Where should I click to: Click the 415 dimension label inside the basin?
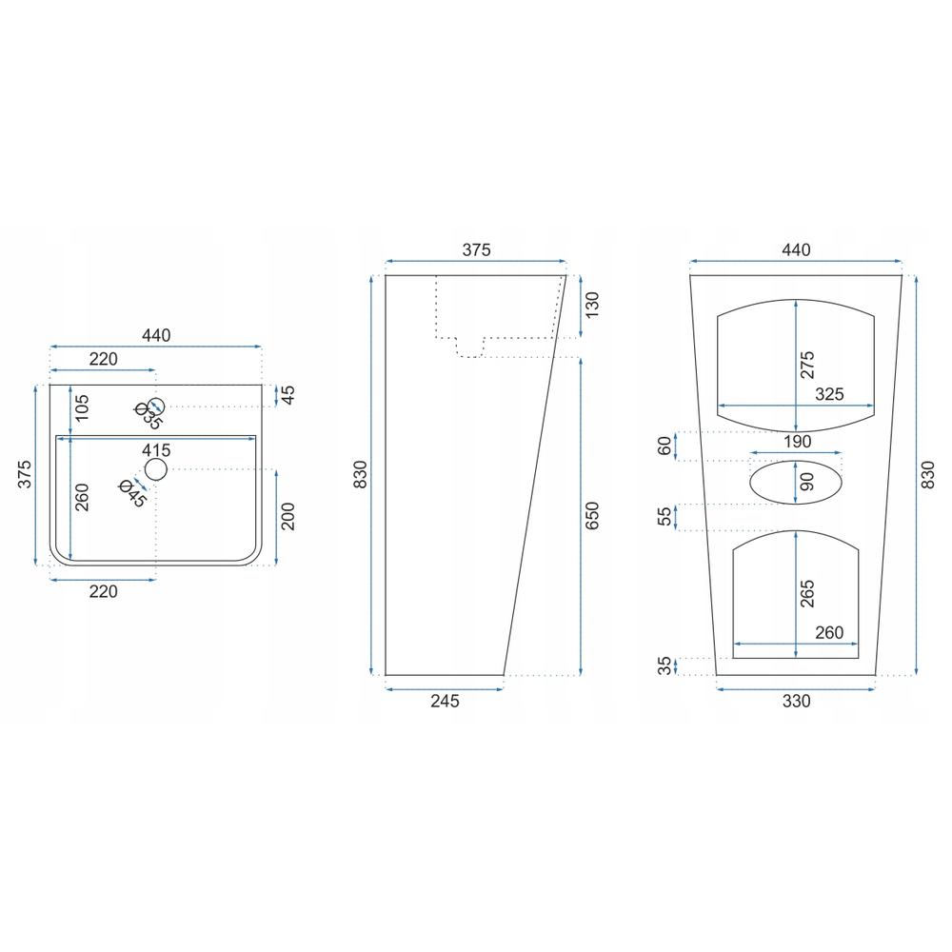tap(156, 448)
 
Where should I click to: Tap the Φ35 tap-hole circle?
tap(157, 406)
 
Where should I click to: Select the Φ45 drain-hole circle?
tap(156, 469)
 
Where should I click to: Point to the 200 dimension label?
tap(288, 516)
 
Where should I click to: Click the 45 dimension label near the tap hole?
tap(288, 395)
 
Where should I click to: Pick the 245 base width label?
tap(445, 702)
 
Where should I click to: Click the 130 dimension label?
tap(593, 306)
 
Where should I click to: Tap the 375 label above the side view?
tap(476, 250)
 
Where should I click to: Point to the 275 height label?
tap(807, 366)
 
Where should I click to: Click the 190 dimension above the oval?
tap(797, 442)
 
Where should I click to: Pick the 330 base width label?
tap(796, 702)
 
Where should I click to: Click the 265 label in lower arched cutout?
tap(807, 595)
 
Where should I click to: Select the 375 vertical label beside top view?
tap(25, 474)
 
